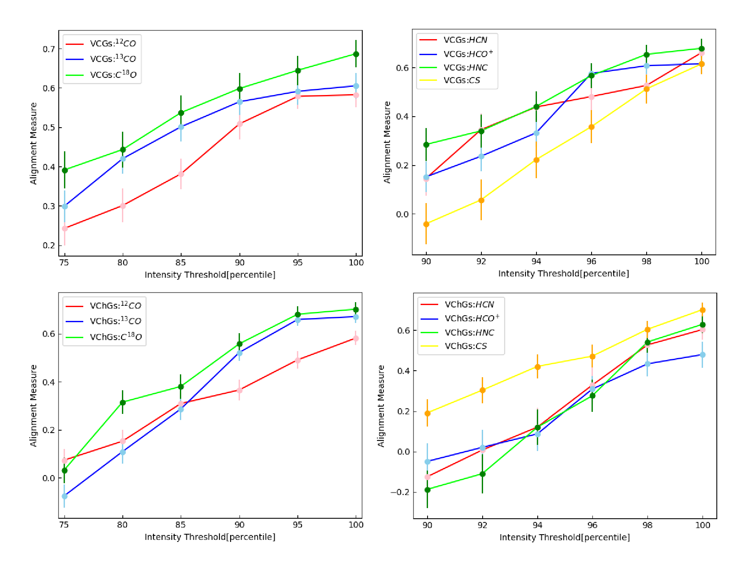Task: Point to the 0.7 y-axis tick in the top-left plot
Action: click(x=49, y=49)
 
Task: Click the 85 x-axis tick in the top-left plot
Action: click(x=181, y=263)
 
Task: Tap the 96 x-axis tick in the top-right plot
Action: click(x=591, y=261)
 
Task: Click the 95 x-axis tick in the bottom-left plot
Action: click(x=297, y=525)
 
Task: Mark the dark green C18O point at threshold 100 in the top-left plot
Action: click(x=356, y=54)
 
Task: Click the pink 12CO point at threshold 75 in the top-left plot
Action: click(x=64, y=228)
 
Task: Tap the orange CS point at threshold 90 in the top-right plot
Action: click(x=426, y=224)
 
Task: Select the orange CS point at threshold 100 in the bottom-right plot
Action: click(x=703, y=310)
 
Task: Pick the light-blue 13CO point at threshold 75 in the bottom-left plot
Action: click(x=64, y=496)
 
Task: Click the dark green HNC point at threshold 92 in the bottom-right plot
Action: click(x=483, y=474)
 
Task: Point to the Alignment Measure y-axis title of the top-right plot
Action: click(x=387, y=142)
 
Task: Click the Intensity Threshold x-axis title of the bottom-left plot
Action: click(x=210, y=537)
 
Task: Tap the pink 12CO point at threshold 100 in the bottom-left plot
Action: click(x=356, y=338)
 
